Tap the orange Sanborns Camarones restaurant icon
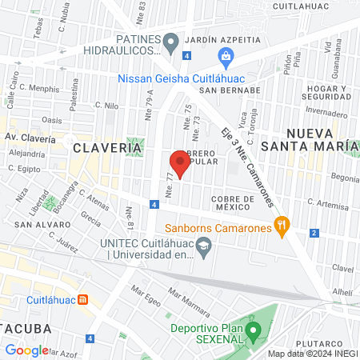click(x=281, y=226)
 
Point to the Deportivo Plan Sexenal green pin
click(x=254, y=328)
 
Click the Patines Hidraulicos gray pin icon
click(x=170, y=41)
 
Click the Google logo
click(x=26, y=350)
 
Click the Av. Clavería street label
click(x=30, y=138)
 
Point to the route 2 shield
click(x=314, y=233)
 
